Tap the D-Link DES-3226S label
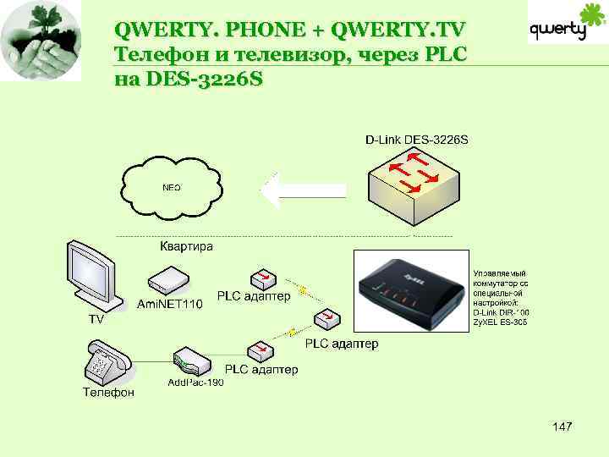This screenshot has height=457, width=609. pos(417,139)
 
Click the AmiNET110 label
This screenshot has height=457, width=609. pos(170,304)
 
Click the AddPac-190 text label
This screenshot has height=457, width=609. pos(195,383)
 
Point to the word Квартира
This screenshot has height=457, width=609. pos(187,246)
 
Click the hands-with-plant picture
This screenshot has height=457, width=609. pos(41,40)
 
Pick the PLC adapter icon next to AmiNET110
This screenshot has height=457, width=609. pos(261,279)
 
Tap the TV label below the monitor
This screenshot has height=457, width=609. pos(97,319)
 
